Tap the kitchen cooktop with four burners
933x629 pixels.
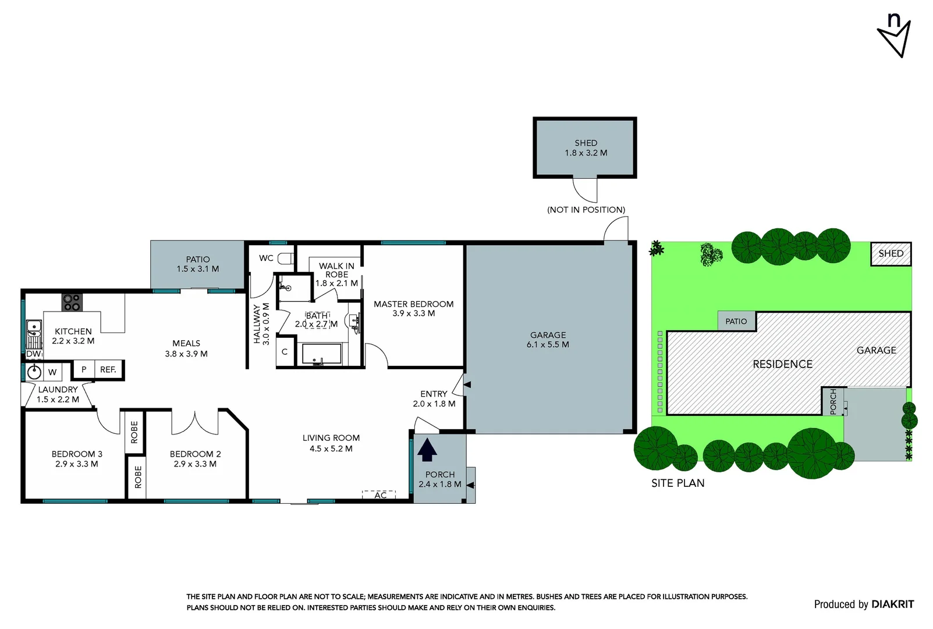[72, 302]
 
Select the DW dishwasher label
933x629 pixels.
[33, 354]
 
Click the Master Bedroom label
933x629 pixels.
[413, 309]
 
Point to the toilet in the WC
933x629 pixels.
[285, 258]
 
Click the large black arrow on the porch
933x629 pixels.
[427, 450]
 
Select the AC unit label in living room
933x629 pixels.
[379, 495]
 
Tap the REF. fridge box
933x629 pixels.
[108, 369]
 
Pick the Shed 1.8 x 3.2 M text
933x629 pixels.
[586, 148]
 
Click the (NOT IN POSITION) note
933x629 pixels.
[586, 210]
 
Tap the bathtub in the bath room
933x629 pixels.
[321, 354]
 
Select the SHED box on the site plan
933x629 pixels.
[891, 254]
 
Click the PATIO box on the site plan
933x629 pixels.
[736, 321]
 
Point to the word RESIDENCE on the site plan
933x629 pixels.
[782, 365]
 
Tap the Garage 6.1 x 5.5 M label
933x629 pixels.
[548, 340]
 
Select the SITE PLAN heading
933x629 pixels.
[677, 483]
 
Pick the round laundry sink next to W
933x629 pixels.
[34, 372]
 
